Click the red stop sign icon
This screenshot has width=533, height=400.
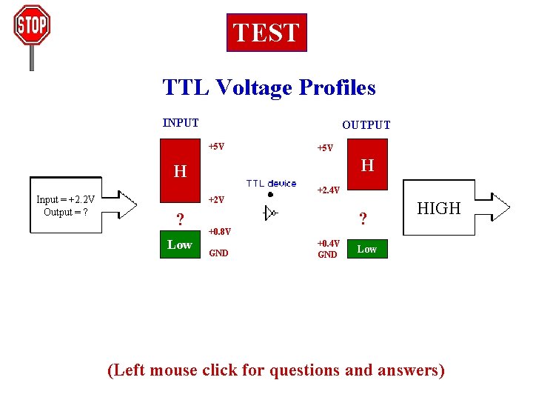coord(31,27)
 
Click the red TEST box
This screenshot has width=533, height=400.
coord(266,33)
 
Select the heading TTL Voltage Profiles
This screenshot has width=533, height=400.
coord(269,88)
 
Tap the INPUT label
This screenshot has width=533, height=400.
coord(181,123)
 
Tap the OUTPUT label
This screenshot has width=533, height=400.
coord(366,125)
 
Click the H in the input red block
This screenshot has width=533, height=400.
coord(180,172)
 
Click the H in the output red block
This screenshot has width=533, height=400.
coord(367,165)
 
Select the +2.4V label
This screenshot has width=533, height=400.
coord(328,190)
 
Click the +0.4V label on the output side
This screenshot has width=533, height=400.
coord(328,243)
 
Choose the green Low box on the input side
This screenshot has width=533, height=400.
coord(180,245)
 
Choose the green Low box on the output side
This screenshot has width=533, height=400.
coord(367,250)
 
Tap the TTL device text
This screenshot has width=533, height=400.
coord(271,183)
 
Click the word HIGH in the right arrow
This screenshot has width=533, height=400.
coord(439,209)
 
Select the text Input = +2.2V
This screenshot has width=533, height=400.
coord(65,199)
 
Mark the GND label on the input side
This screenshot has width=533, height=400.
coord(219,253)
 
